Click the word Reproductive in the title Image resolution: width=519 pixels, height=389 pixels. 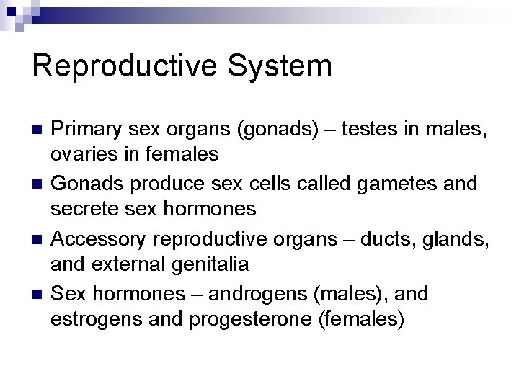[x=123, y=66]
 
